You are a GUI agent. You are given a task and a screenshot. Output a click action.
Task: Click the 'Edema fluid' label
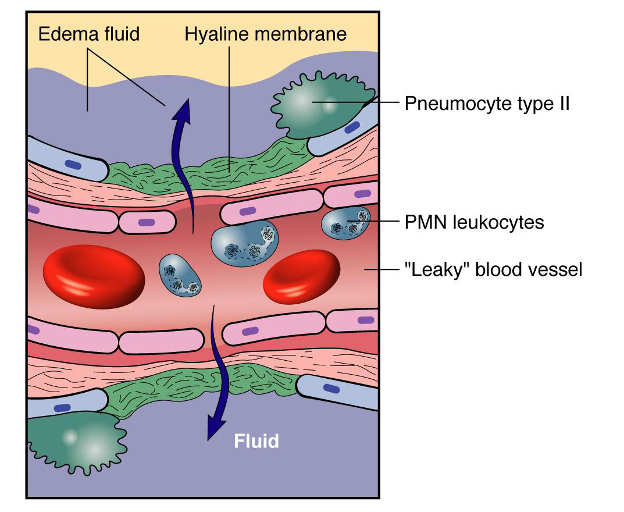(89, 34)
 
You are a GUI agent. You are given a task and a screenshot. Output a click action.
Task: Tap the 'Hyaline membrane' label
(265, 34)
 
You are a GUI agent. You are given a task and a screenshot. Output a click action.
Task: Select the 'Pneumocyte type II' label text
(486, 104)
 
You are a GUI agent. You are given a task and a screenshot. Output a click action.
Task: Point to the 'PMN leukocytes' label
(474, 222)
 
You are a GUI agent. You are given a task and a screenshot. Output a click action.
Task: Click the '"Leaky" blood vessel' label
(493, 270)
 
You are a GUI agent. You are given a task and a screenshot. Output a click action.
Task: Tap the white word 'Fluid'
(256, 441)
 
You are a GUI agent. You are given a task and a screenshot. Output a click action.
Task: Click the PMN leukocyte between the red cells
(180, 275)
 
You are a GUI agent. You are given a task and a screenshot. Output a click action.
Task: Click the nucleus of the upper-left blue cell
(73, 165)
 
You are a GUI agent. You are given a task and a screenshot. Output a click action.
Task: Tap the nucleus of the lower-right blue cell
(331, 388)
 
